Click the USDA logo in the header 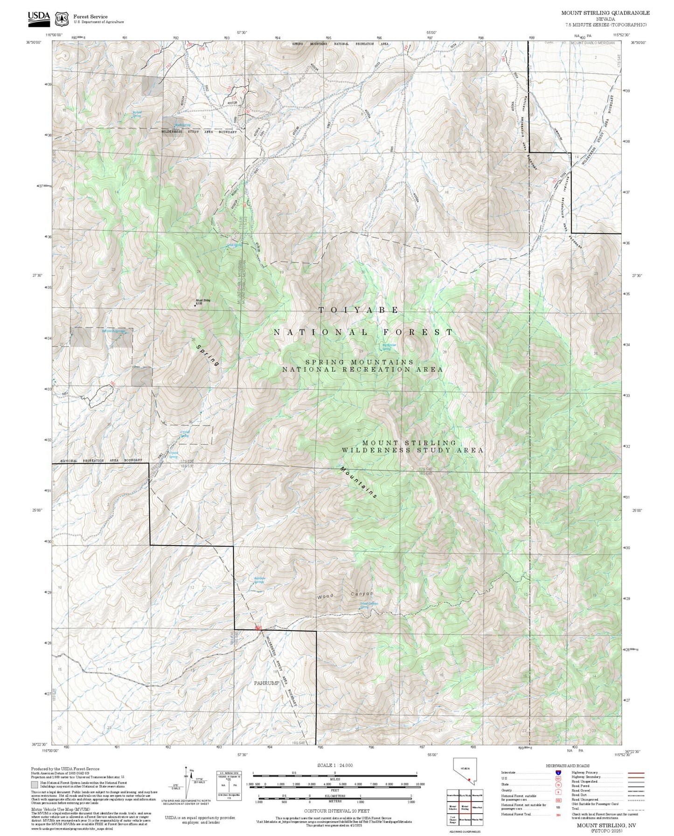pos(39,17)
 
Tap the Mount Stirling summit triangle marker pos(195,306)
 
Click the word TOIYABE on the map pos(358,310)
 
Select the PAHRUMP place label pos(266,683)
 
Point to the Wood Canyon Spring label pos(368,605)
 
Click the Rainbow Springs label pos(259,580)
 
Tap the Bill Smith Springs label pos(113,331)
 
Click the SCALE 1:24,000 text pos(334,765)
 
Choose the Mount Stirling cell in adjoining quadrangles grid pos(465,807)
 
